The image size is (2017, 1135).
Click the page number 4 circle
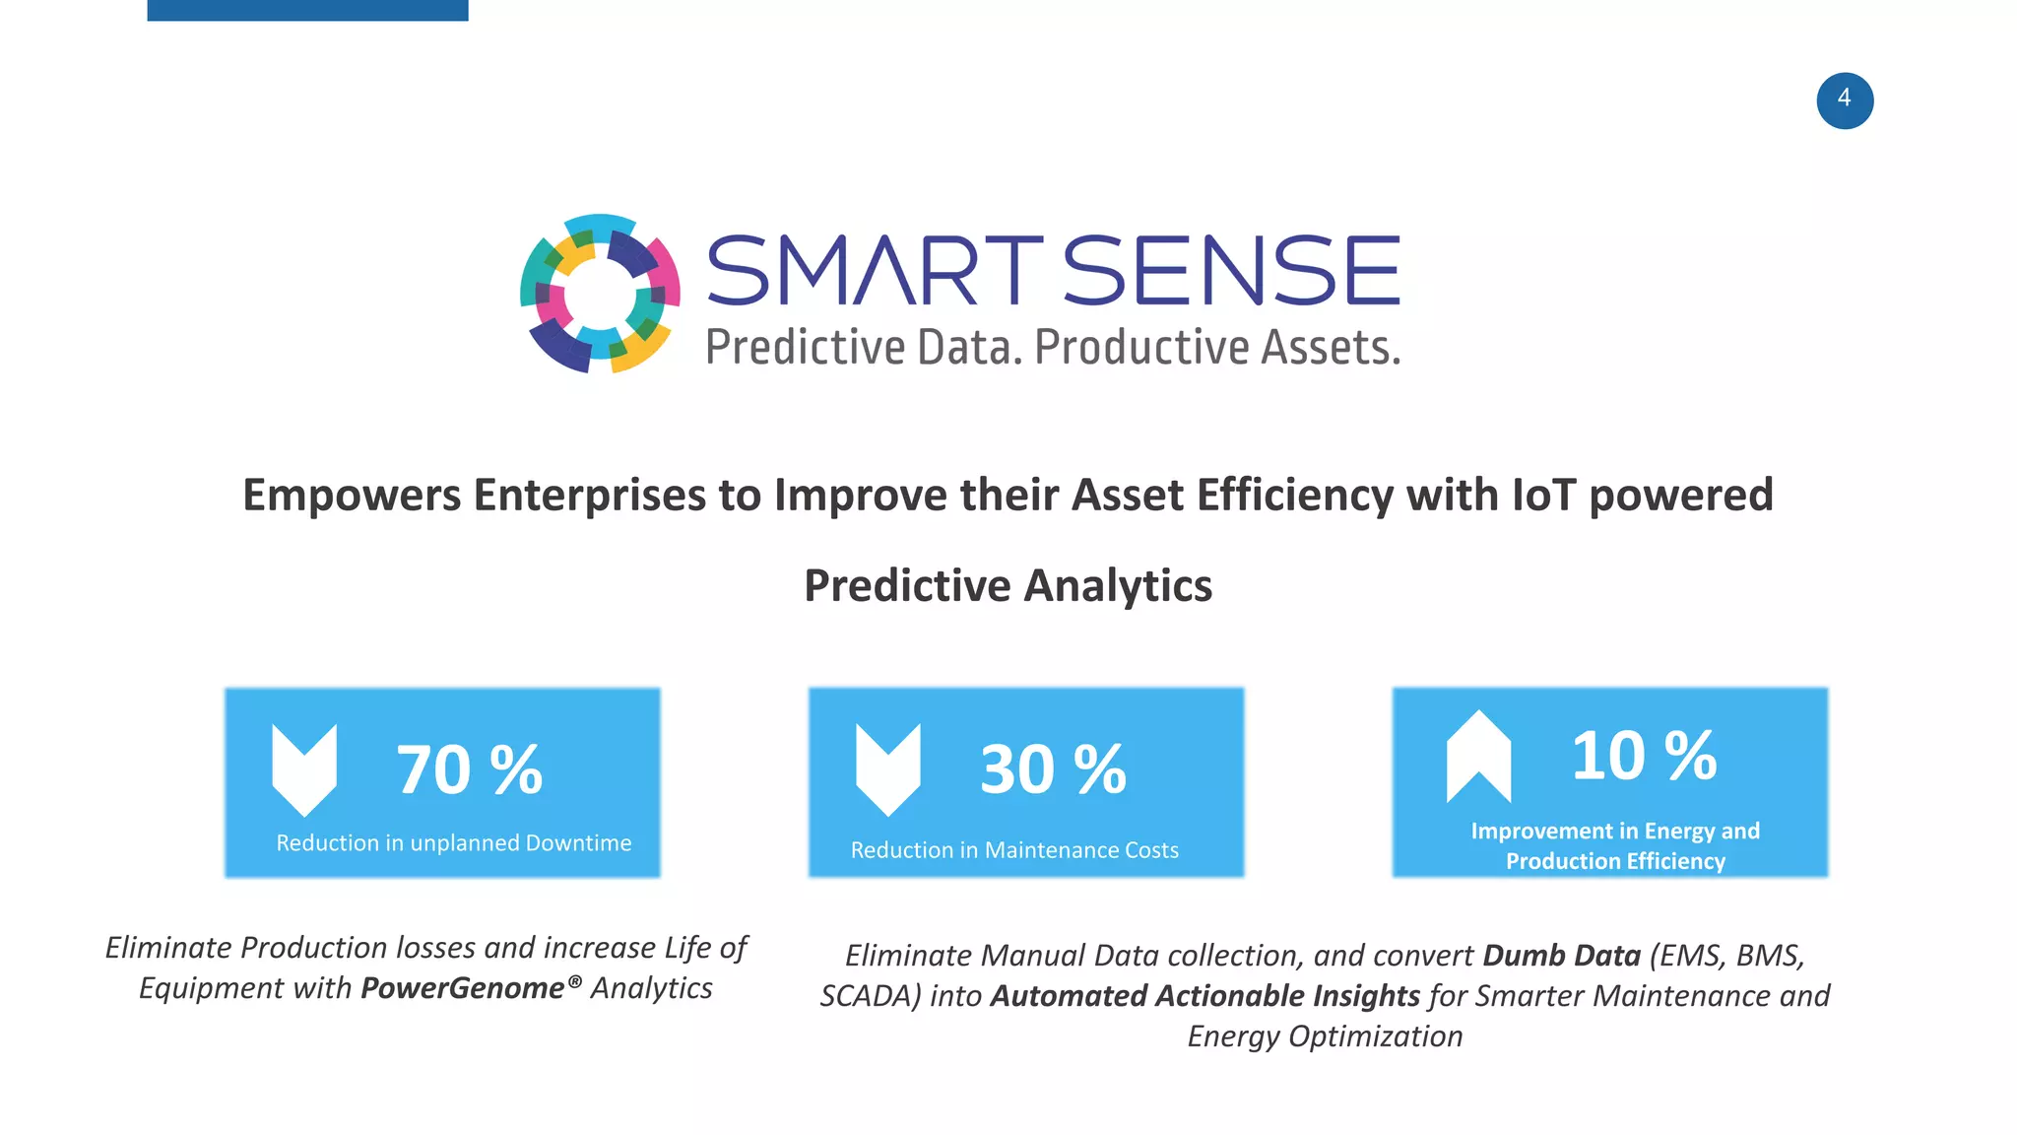pos(1845,100)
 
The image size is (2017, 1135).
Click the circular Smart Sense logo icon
pos(600,294)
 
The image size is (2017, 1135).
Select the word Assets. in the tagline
pos(1331,348)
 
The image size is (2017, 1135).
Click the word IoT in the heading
pos(1543,495)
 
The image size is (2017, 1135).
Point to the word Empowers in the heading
pos(352,495)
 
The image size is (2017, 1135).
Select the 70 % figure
pos(469,769)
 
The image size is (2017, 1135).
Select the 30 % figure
pos(1053,769)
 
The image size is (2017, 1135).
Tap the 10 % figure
pos(1643,756)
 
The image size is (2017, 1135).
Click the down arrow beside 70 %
pos(304,769)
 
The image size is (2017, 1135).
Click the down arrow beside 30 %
pos(887,769)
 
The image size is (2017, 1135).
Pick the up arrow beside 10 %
pos(1477,756)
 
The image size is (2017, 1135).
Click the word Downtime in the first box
pos(578,843)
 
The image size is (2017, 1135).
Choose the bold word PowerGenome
pos(462,988)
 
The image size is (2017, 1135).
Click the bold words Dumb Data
pos(1561,956)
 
